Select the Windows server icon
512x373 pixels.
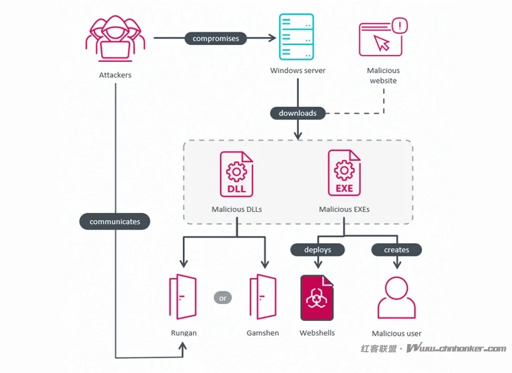297,38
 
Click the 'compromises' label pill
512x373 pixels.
216,39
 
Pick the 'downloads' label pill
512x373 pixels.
297,113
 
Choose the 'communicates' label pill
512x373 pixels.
115,221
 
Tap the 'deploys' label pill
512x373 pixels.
317,249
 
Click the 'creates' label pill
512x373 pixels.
397,249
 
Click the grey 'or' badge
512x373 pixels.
223,298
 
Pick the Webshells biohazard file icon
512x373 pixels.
317,298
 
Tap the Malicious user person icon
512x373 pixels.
397,298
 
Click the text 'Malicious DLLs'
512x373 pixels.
238,209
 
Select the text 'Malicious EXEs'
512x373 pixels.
344,209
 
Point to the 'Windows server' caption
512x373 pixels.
297,71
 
